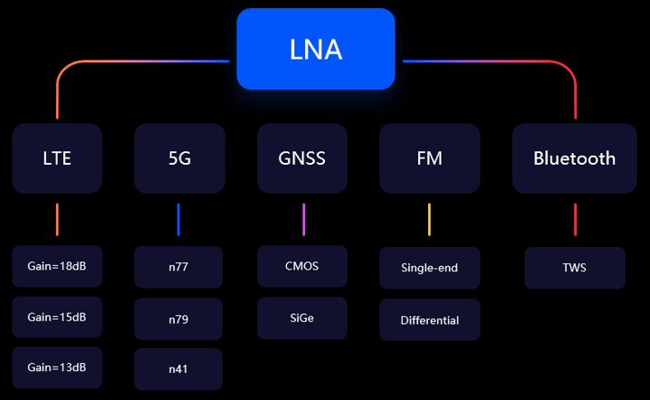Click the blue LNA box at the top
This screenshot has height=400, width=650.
pyautogui.click(x=315, y=49)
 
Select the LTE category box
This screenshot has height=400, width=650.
pyautogui.click(x=56, y=158)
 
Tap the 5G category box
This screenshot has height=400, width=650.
pyautogui.click(x=179, y=158)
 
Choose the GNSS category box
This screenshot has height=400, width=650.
pyautogui.click(x=301, y=158)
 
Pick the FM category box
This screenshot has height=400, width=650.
pyautogui.click(x=429, y=158)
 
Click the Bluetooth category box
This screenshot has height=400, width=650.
pyautogui.click(x=574, y=158)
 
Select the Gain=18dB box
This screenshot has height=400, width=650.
pyautogui.click(x=56, y=267)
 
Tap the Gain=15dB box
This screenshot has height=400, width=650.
pyautogui.click(x=56, y=318)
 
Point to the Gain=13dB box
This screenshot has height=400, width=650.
pyautogui.click(x=56, y=367)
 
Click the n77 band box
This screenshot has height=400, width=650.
pyautogui.click(x=178, y=267)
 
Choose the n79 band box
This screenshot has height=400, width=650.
pyautogui.click(x=178, y=319)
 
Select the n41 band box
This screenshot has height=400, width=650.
pyautogui.click(x=178, y=369)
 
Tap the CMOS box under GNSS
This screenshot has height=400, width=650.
pyautogui.click(x=301, y=266)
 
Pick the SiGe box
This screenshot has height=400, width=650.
pyautogui.click(x=301, y=318)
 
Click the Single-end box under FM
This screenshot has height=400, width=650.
pyautogui.click(x=429, y=268)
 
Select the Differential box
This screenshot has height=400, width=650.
pyautogui.click(x=429, y=320)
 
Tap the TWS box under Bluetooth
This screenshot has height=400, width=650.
pyautogui.click(x=575, y=268)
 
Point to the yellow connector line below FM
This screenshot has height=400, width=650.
pyautogui.click(x=429, y=220)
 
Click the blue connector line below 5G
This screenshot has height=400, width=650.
pyautogui.click(x=178, y=220)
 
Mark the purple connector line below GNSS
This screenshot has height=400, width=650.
pyautogui.click(x=303, y=220)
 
